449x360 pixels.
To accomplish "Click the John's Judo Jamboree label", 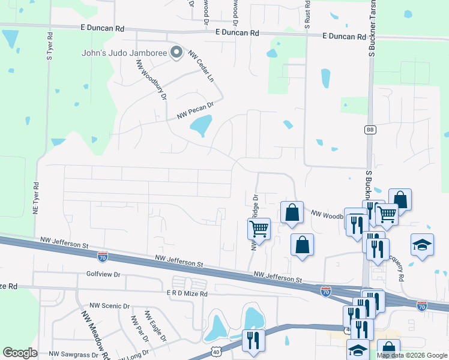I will [124, 53].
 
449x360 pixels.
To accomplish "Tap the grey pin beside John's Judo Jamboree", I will [176, 52].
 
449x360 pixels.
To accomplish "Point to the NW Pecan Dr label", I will [195, 110].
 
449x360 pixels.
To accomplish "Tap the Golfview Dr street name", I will [104, 274].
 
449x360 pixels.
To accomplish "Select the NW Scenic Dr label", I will [110, 305].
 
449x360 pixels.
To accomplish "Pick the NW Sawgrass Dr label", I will [74, 355].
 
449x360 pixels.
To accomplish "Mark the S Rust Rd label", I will [307, 15].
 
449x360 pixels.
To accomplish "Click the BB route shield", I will [370, 130].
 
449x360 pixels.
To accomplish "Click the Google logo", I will [20, 353].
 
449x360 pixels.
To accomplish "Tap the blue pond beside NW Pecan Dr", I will [200, 125].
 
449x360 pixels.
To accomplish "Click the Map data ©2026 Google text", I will [412, 355].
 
